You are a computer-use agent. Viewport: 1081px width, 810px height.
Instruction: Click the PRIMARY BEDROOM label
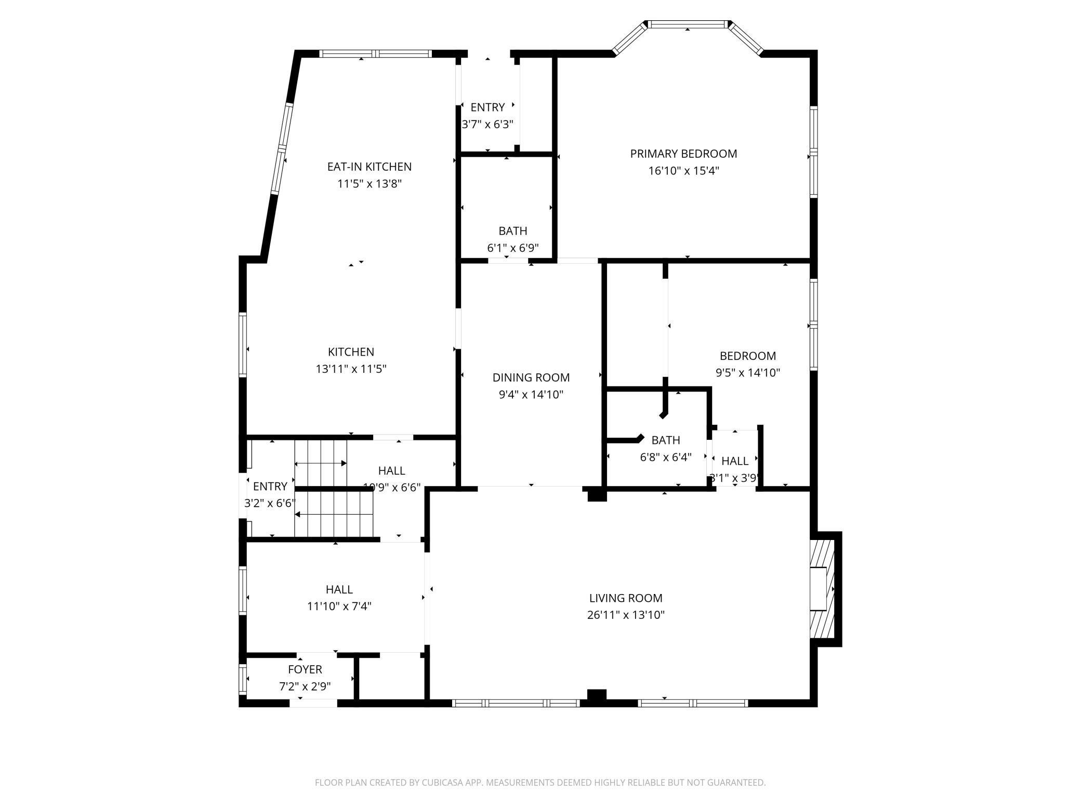[683, 154]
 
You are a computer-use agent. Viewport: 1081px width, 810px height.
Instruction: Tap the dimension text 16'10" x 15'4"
[683, 171]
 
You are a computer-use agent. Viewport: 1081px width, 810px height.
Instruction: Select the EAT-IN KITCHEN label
[369, 167]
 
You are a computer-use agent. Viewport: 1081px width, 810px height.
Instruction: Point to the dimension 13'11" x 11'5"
[351, 369]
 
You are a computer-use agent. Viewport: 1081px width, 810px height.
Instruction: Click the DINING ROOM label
[531, 377]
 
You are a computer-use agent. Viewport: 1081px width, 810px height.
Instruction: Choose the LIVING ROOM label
[626, 598]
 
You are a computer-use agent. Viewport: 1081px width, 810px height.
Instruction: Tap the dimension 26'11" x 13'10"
[626, 615]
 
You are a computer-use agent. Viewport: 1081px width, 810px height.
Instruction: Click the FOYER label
[305, 670]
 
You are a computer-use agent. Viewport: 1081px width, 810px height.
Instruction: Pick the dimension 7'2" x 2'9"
[305, 687]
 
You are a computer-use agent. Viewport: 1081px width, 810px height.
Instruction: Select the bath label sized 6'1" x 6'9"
[512, 231]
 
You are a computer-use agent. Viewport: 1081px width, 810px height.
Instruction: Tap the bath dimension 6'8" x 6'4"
[665, 457]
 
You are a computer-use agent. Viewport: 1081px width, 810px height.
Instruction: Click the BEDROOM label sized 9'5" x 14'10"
[747, 356]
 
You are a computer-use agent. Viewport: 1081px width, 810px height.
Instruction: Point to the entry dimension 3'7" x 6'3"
[487, 125]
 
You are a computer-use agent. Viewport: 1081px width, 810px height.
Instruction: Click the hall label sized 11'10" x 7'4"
[339, 590]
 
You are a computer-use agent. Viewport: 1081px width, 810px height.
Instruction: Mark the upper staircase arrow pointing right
[321, 463]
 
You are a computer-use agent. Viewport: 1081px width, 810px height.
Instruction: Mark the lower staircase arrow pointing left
[334, 515]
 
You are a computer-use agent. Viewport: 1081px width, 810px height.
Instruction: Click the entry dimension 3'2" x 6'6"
[270, 503]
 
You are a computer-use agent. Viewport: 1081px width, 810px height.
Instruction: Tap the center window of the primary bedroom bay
[687, 24]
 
